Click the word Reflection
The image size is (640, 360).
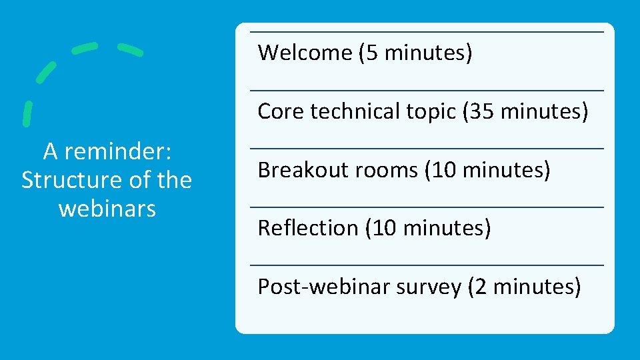[308, 228]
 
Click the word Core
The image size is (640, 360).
[280, 111]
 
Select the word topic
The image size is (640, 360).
[429, 111]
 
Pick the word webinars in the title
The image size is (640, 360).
[107, 208]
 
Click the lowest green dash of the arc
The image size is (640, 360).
[27, 113]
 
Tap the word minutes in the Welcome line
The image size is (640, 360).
[425, 52]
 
